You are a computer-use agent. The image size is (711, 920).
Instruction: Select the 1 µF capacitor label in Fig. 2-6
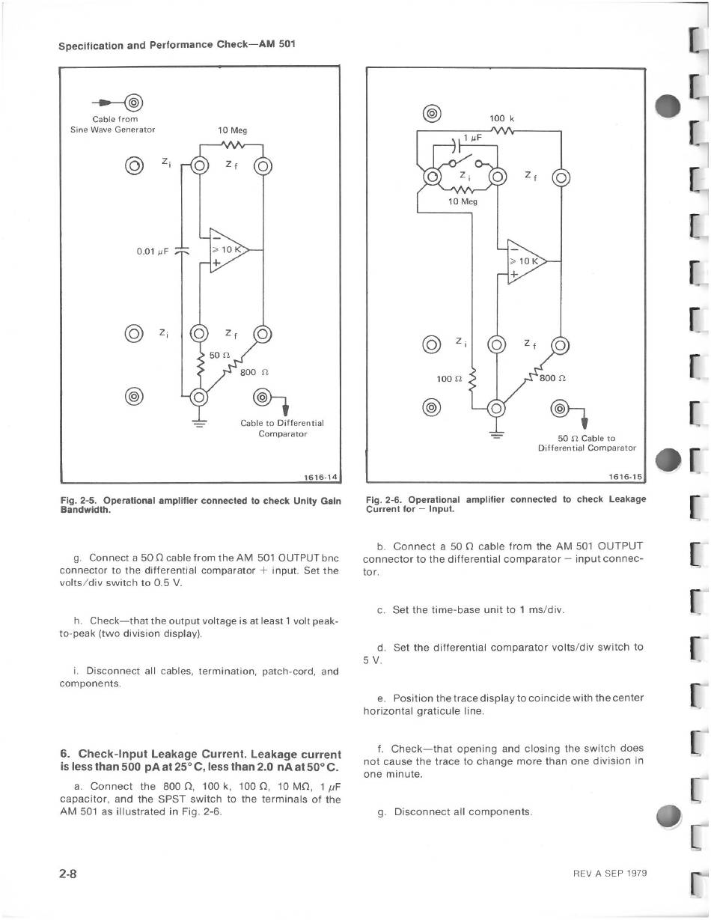click(472, 138)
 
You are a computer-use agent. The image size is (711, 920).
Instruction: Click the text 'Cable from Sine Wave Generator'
click(113, 124)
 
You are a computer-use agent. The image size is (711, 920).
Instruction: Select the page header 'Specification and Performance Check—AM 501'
click(177, 43)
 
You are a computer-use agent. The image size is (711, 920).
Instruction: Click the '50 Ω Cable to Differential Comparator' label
click(587, 443)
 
